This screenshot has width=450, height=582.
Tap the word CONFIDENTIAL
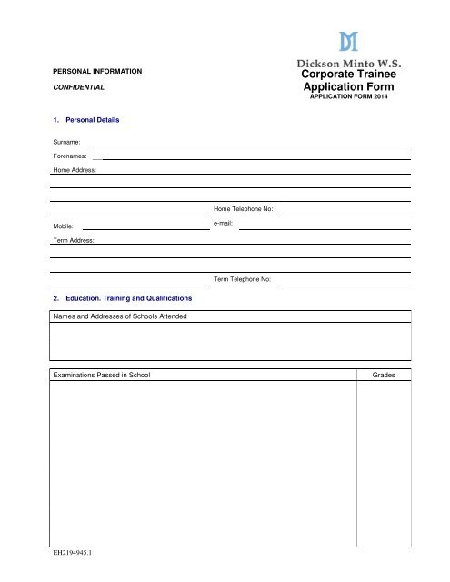77,89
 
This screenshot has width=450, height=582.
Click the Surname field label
67,143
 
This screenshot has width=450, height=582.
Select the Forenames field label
70,156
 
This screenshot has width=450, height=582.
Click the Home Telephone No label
243,209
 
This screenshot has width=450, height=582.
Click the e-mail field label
224,222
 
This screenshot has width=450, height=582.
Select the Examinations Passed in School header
102,375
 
